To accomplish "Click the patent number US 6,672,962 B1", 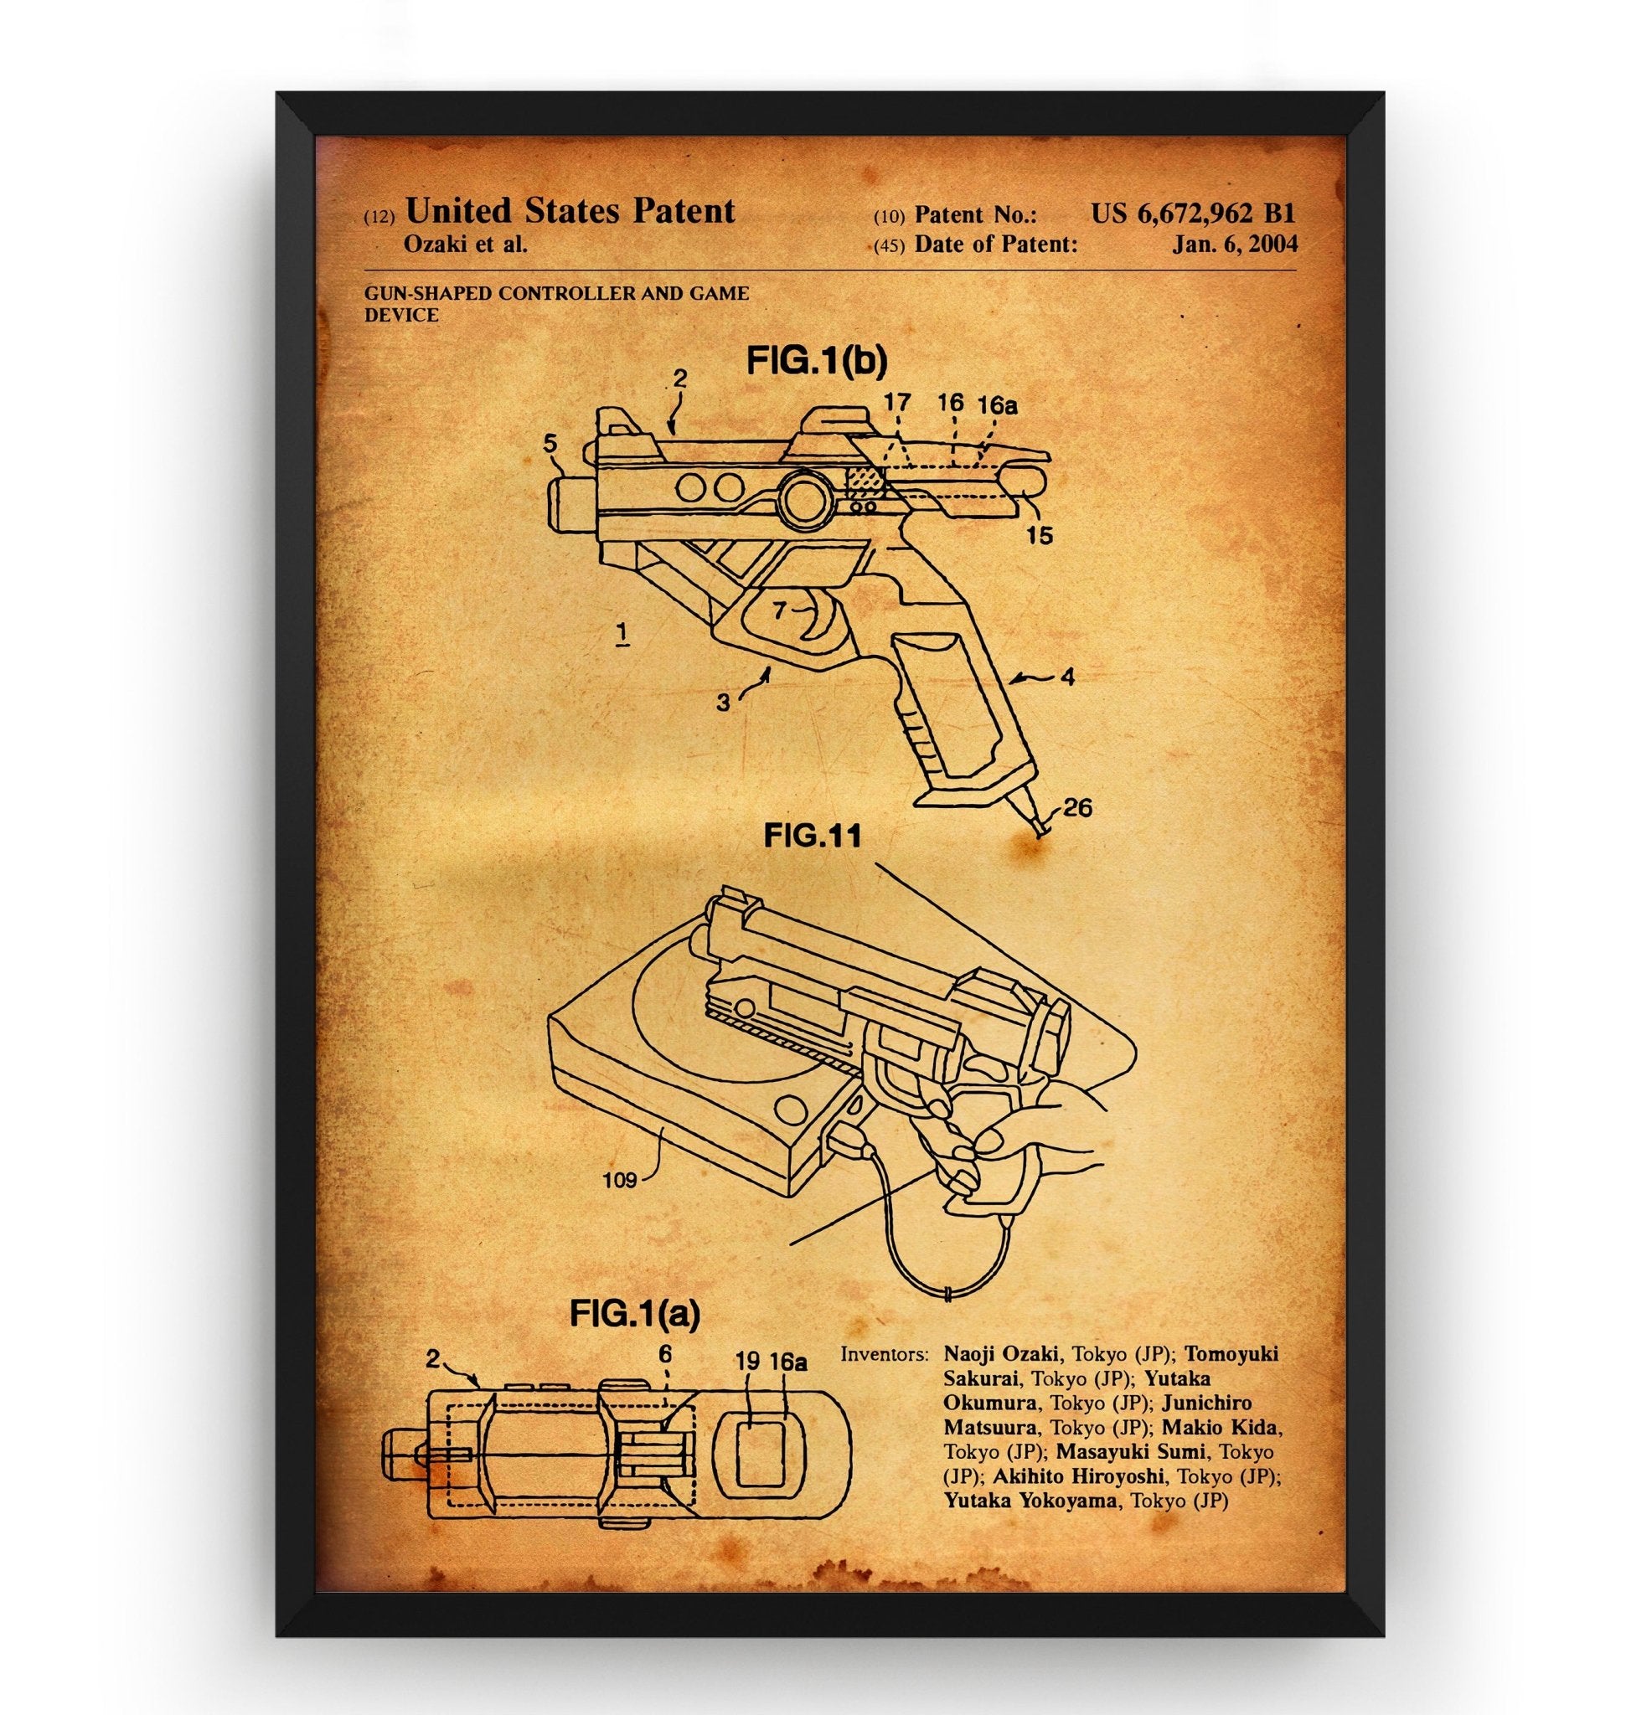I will pos(1193,214).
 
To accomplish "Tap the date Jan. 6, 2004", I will pos(1234,245).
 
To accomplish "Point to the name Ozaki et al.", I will pos(466,245).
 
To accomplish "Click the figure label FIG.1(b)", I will pos(817,362).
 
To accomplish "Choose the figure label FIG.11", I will pos(812,836).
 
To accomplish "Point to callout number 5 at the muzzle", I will pos(550,445).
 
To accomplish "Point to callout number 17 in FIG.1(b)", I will pos(898,403).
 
